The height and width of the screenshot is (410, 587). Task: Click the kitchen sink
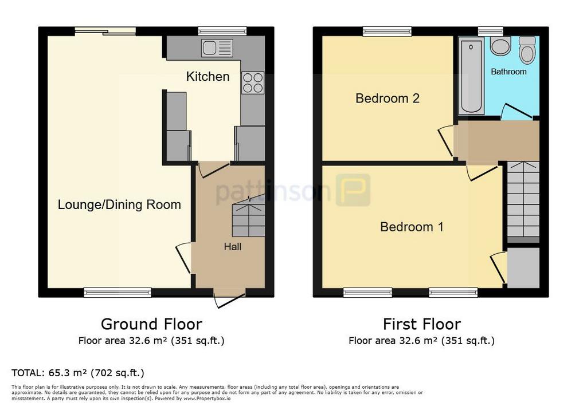[217, 48]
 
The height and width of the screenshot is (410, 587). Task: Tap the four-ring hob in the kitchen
[253, 82]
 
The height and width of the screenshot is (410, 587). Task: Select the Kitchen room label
[208, 77]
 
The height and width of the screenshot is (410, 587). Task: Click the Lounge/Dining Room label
[119, 204]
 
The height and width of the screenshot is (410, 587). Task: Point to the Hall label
[233, 247]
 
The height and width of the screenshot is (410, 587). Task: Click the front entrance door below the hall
[229, 297]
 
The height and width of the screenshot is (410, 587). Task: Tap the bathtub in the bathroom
[471, 76]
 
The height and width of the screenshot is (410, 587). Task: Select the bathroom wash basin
[500, 46]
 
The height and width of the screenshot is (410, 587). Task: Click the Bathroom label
[509, 72]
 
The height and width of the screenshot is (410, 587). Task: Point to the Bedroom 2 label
[388, 98]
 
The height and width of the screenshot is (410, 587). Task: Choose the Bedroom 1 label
[412, 227]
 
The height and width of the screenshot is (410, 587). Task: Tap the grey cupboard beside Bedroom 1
[523, 268]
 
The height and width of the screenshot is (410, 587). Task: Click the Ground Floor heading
[151, 324]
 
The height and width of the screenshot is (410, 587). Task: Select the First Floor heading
[422, 324]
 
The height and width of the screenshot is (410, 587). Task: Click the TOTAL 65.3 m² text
[78, 373]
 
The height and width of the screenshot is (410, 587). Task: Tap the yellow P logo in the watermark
[353, 190]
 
